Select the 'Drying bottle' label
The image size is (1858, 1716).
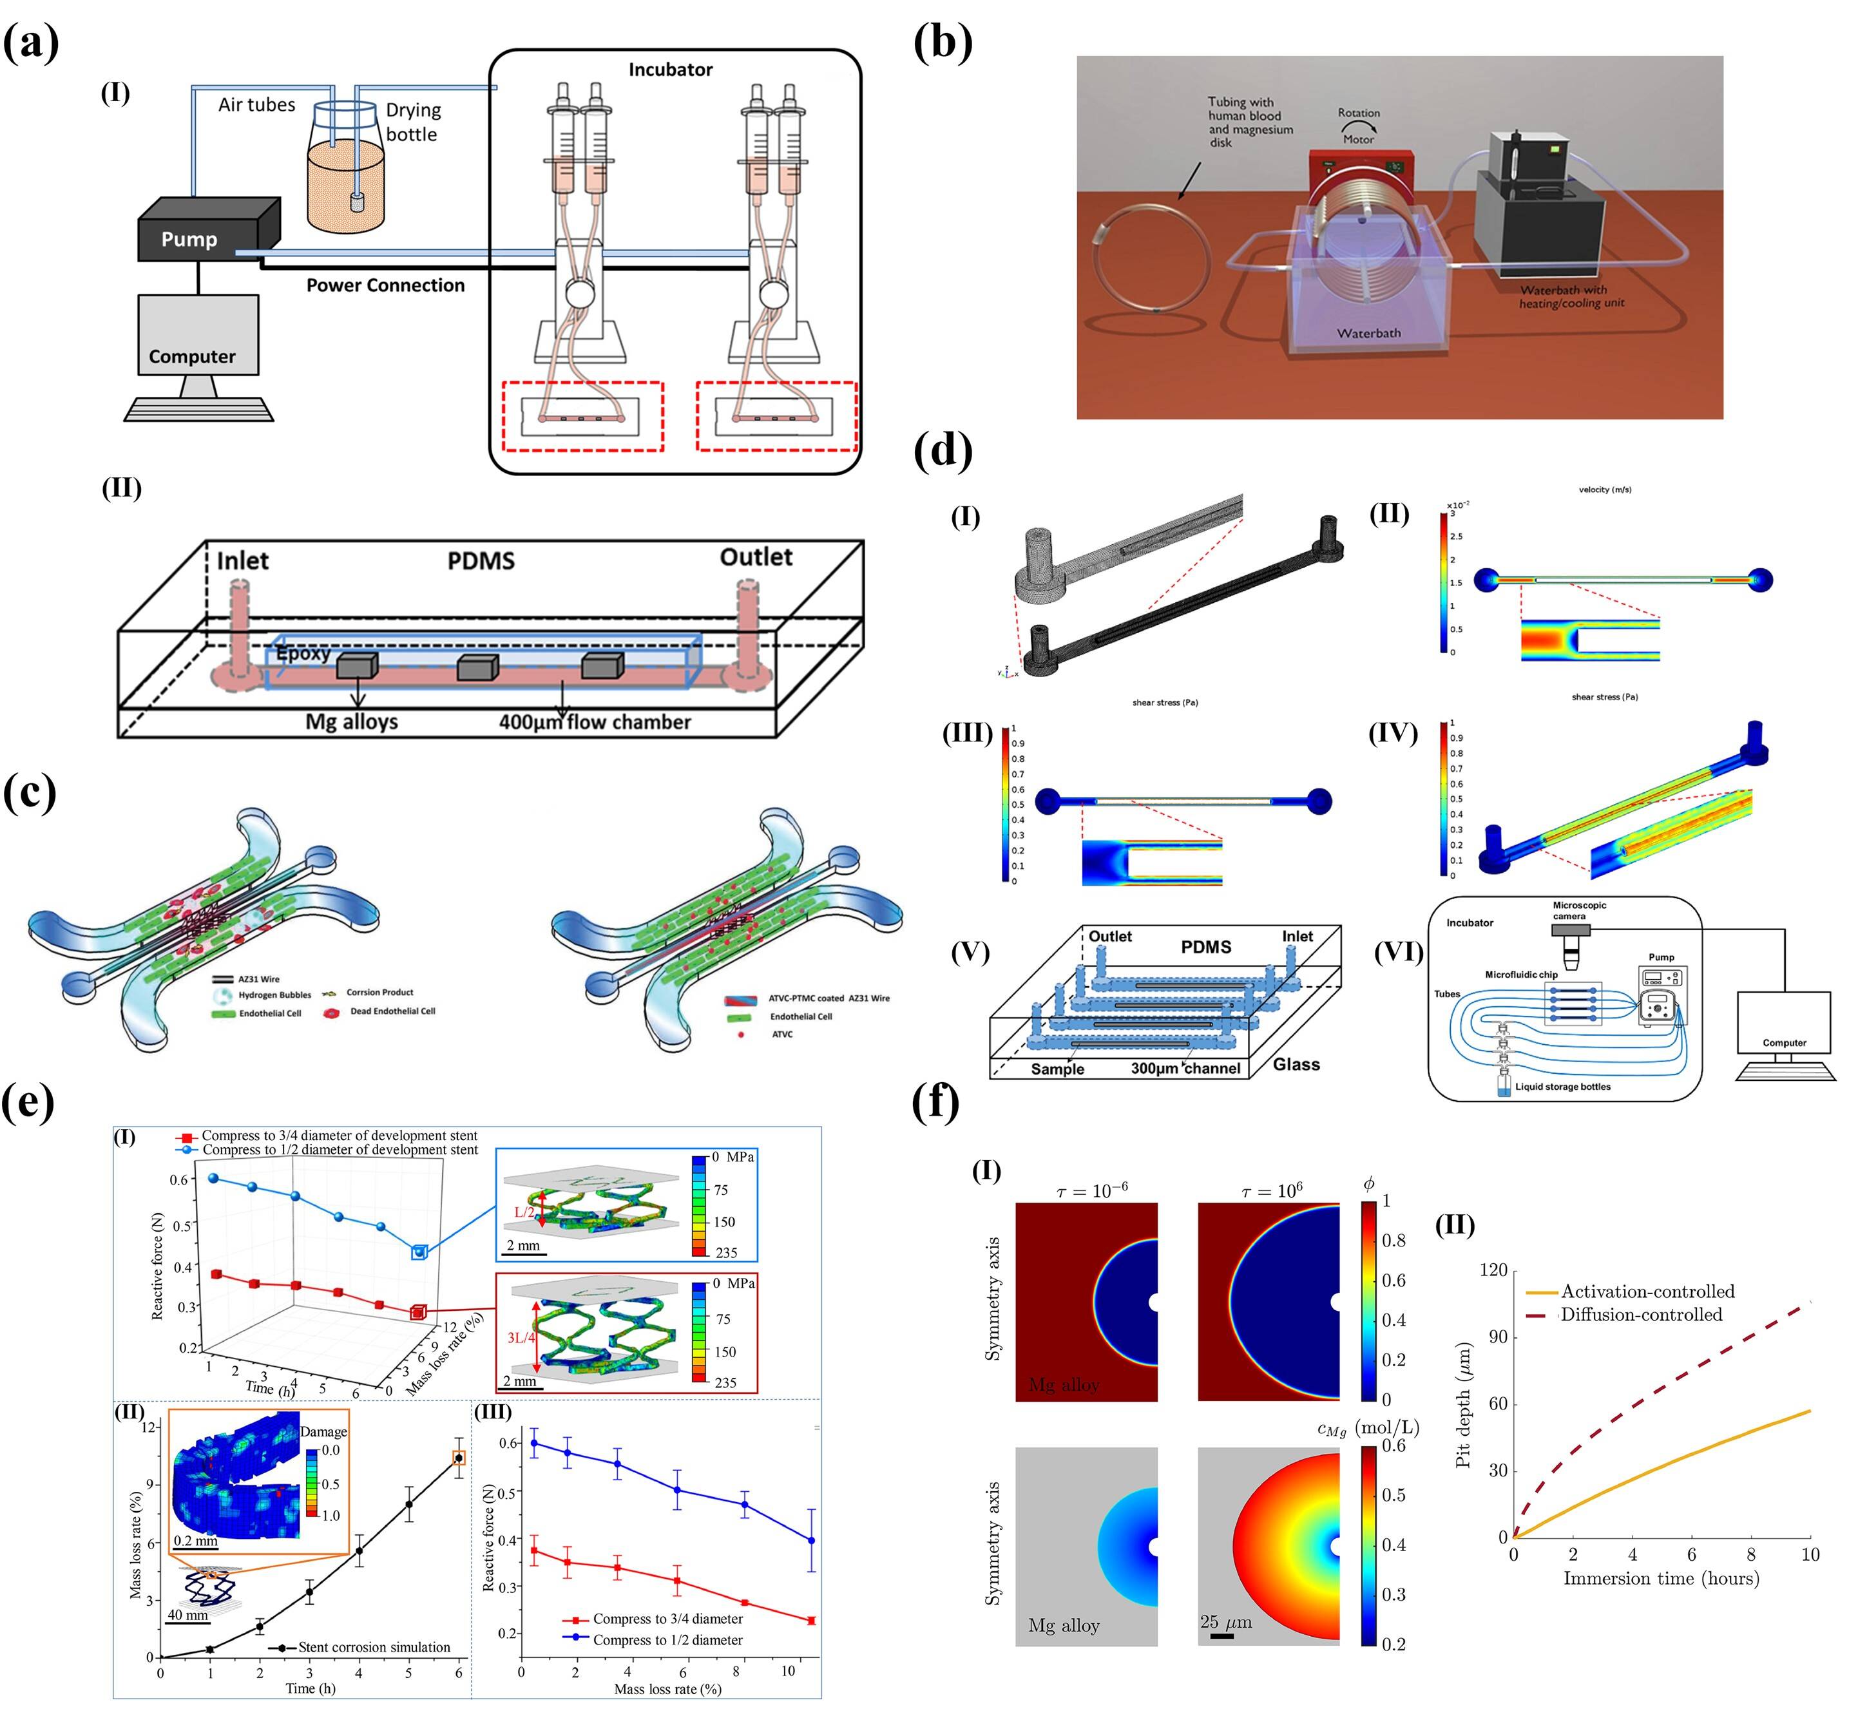[413, 122]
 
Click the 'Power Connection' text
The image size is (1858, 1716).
[385, 285]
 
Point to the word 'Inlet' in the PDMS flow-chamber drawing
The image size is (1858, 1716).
[242, 561]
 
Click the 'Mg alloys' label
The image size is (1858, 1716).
[351, 721]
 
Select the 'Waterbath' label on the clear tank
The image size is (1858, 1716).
[1368, 332]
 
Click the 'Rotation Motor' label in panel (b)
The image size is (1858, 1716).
[1359, 126]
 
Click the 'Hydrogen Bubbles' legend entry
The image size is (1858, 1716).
[274, 995]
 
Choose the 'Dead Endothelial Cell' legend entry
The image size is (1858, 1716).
[392, 1011]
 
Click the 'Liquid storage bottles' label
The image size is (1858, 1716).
[1563, 1087]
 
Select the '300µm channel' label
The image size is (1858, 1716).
[1185, 1068]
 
